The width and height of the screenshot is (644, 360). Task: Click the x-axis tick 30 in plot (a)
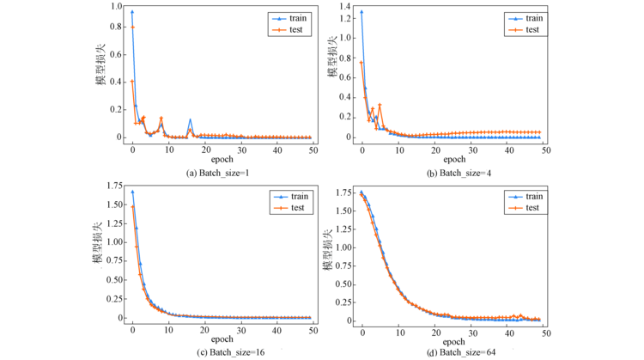pos(241,150)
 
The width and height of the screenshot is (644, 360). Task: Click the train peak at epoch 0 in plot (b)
pos(361,12)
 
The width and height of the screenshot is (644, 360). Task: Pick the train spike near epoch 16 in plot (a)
pos(191,120)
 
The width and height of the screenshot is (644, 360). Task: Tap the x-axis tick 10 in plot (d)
pos(399,331)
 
